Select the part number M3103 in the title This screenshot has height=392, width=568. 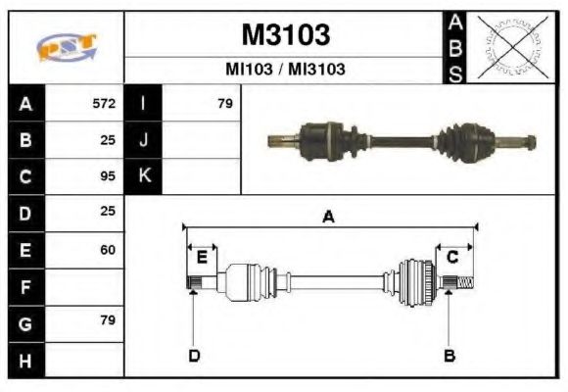[285, 35]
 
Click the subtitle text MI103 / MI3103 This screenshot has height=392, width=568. [285, 71]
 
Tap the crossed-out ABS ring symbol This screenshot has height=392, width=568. [509, 47]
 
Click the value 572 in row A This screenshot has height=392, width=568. [104, 103]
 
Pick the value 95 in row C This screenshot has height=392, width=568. [108, 176]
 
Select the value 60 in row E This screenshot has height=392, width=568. [108, 250]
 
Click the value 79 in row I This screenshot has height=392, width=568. [224, 103]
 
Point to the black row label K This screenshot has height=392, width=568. [143, 176]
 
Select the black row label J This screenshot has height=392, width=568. [143, 140]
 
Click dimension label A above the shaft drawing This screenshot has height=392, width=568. [329, 217]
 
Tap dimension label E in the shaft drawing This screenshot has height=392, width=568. [202, 258]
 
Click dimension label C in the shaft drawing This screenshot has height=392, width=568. [452, 258]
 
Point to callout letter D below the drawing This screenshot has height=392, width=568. [194, 355]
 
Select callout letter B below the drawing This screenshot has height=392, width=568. [450, 355]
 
